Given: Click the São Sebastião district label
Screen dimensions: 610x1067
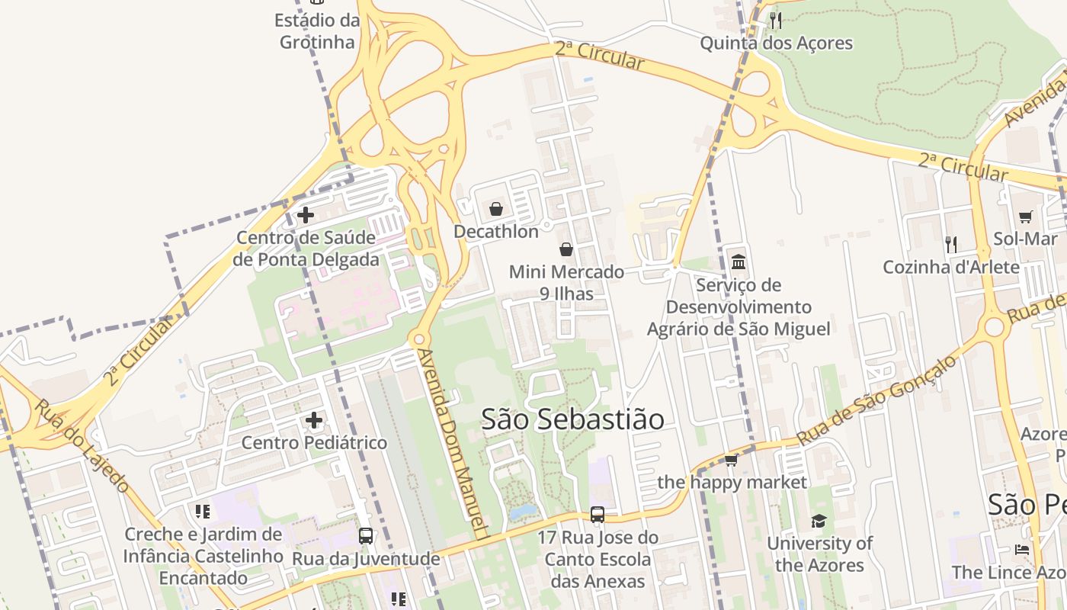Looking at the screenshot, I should pos(572,419).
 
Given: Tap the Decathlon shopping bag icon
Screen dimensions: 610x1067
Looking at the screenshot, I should pos(496,209).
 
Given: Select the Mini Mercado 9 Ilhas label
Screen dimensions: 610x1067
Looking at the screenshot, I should pos(566,282).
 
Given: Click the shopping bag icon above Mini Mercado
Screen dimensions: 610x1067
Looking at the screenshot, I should pos(566,249).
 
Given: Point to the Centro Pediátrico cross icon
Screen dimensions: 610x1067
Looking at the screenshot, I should pos(314,420).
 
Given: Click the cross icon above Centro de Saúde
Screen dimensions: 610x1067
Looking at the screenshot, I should pos(306,215).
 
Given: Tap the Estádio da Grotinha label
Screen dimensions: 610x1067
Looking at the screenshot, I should pos(317,31).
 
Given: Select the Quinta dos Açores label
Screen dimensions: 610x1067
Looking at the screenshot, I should pos(776,43).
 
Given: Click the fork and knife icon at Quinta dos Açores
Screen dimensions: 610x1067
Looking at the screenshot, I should pos(776,20).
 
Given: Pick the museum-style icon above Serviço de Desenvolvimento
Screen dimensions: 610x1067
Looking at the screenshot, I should pos(739,262).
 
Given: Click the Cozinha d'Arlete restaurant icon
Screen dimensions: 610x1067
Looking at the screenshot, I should pos(951,244).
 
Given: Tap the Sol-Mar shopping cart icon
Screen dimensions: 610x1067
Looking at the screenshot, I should pos(1026,217).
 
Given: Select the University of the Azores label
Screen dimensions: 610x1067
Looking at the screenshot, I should pos(819,554).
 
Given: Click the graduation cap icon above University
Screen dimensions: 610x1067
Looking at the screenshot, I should pos(819,522).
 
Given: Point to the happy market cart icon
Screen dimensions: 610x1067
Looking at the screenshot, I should pos(732,460).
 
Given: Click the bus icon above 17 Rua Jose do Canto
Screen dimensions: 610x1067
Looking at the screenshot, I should pos(598,515).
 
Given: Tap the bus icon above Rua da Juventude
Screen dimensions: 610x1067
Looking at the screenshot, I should pos(366,536).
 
